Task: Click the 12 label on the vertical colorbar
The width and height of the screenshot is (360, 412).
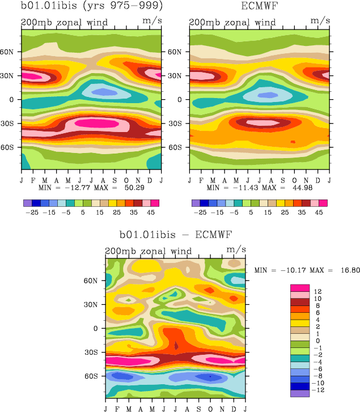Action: [x=318, y=291]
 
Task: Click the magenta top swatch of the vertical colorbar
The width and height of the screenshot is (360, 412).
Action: [x=300, y=288]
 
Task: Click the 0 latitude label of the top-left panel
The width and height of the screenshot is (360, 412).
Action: [x=14, y=99]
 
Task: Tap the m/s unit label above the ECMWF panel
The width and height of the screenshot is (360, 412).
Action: [x=320, y=22]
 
